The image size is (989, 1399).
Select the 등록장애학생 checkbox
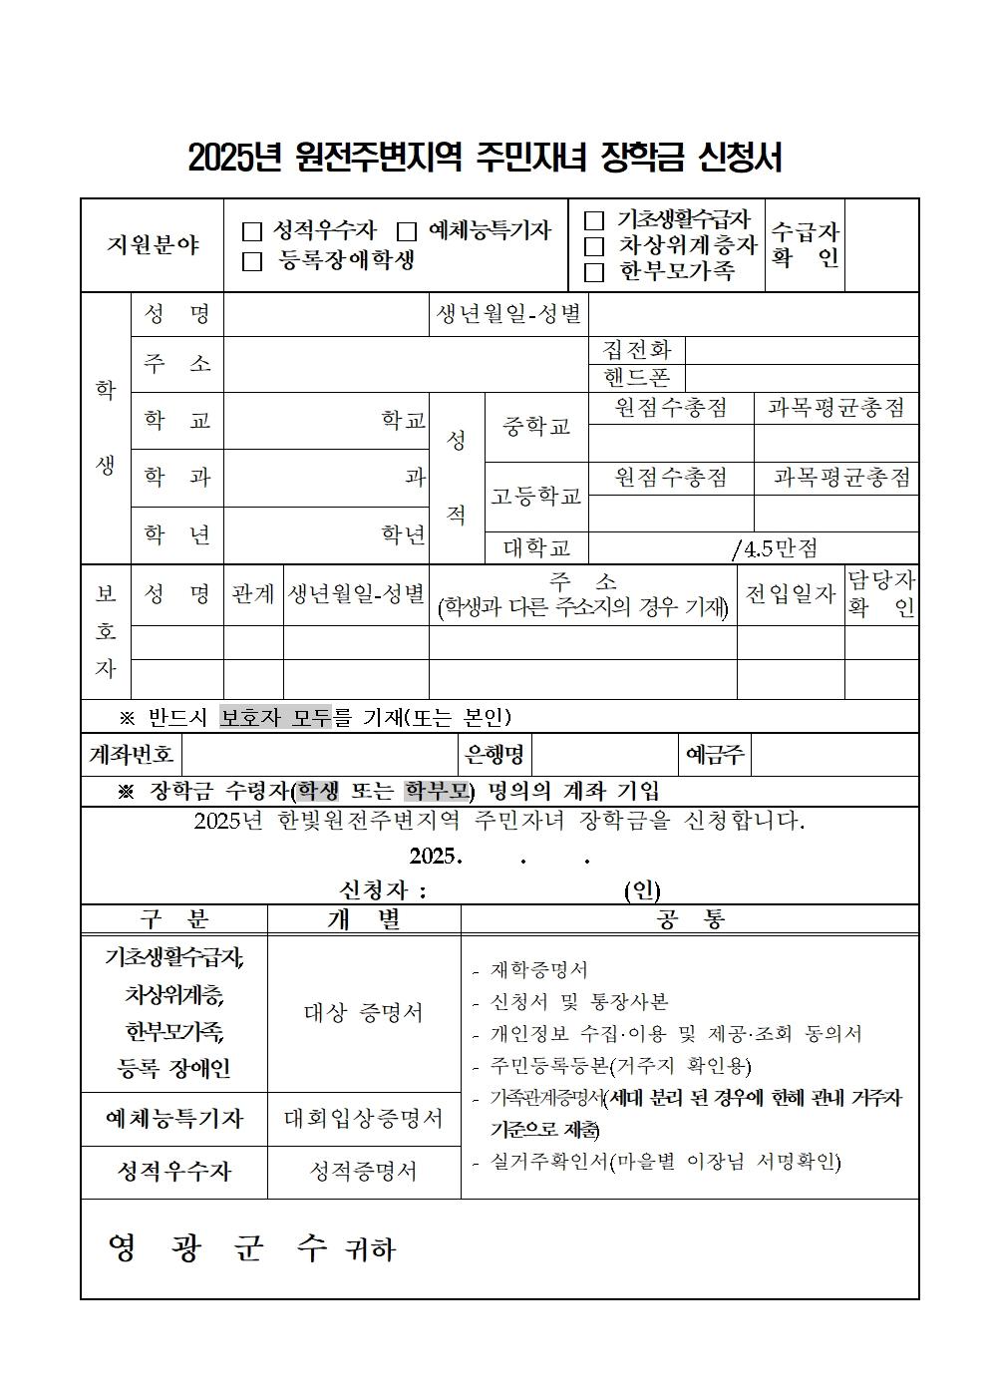(x=252, y=262)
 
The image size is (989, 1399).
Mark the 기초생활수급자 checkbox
(x=594, y=220)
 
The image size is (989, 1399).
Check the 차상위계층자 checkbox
(x=594, y=245)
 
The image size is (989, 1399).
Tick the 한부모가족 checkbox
(x=594, y=271)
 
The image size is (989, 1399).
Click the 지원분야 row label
(x=153, y=245)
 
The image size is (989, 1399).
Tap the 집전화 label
(x=637, y=350)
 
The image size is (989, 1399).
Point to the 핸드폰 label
(x=637, y=377)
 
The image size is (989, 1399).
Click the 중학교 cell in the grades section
(x=536, y=427)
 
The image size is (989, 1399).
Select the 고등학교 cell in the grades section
(x=536, y=496)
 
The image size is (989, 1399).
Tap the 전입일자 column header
(x=790, y=594)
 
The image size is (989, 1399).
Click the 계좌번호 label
(x=132, y=755)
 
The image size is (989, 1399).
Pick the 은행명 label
(x=494, y=755)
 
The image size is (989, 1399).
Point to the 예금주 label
(x=715, y=755)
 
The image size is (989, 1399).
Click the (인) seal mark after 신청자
(x=642, y=890)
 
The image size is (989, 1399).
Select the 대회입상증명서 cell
(x=364, y=1119)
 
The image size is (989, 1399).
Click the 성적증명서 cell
(x=364, y=1171)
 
